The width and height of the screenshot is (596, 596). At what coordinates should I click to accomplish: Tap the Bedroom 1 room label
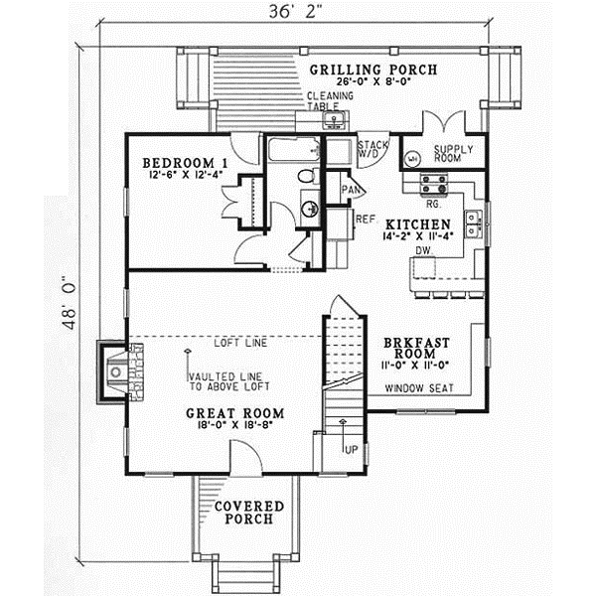(x=185, y=163)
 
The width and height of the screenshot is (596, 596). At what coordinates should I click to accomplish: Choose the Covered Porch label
(x=248, y=514)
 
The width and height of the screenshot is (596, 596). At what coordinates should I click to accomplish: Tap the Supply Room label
(x=453, y=154)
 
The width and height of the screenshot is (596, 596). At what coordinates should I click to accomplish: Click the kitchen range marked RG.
(x=433, y=184)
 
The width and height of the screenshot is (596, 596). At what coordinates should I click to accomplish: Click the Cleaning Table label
(x=330, y=101)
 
